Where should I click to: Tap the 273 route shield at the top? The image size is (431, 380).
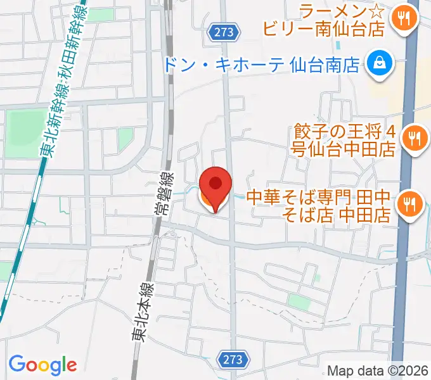point(224,32)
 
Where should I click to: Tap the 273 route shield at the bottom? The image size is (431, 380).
point(233,360)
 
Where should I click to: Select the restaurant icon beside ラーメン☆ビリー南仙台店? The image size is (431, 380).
point(404,18)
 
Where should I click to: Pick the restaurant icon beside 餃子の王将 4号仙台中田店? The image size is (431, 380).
point(415,139)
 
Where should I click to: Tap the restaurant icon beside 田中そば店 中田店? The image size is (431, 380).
point(409,204)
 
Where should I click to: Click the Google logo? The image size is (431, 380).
point(42,365)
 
